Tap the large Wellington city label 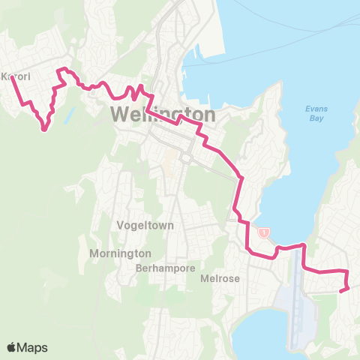point(163,115)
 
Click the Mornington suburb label point(120,253)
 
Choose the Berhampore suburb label point(166,267)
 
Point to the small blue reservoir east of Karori point(70,115)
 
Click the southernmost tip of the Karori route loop point(44,130)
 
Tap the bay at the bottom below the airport point(270,334)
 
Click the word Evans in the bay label point(316,109)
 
